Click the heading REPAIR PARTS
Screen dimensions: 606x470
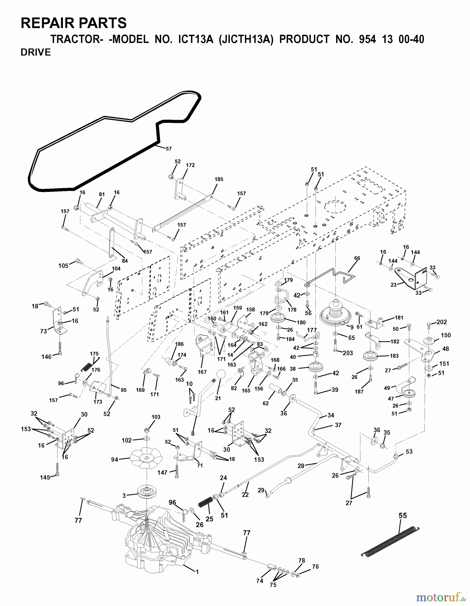[x=74, y=23]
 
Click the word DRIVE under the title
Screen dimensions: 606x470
[x=36, y=53]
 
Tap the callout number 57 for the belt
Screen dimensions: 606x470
[x=169, y=148]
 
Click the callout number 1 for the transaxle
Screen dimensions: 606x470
[x=197, y=572]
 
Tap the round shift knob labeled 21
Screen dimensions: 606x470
[x=220, y=375]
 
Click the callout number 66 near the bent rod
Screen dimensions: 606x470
[x=357, y=258]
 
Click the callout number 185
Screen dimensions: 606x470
[x=219, y=179]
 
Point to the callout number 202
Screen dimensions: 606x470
[x=442, y=322]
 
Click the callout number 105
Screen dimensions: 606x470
[x=63, y=266]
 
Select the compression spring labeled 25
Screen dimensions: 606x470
[x=205, y=503]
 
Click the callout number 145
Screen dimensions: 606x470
[x=45, y=477]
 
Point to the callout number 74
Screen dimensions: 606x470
[x=259, y=581]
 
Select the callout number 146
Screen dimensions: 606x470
[x=46, y=357]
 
